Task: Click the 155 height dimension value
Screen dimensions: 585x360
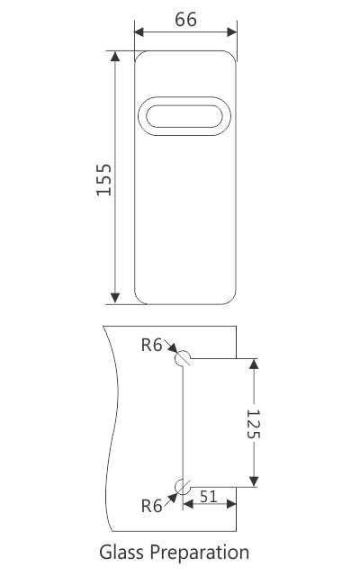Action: (x=104, y=179)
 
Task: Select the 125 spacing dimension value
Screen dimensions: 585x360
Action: (x=253, y=422)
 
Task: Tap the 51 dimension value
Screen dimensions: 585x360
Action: (x=208, y=495)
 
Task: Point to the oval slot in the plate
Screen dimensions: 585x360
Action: (x=185, y=118)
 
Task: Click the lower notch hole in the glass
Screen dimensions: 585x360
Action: (x=184, y=487)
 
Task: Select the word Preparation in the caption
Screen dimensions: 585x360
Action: (x=200, y=553)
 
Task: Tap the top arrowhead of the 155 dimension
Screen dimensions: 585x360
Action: (x=115, y=58)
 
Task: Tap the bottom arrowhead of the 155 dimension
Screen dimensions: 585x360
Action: (x=115, y=298)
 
